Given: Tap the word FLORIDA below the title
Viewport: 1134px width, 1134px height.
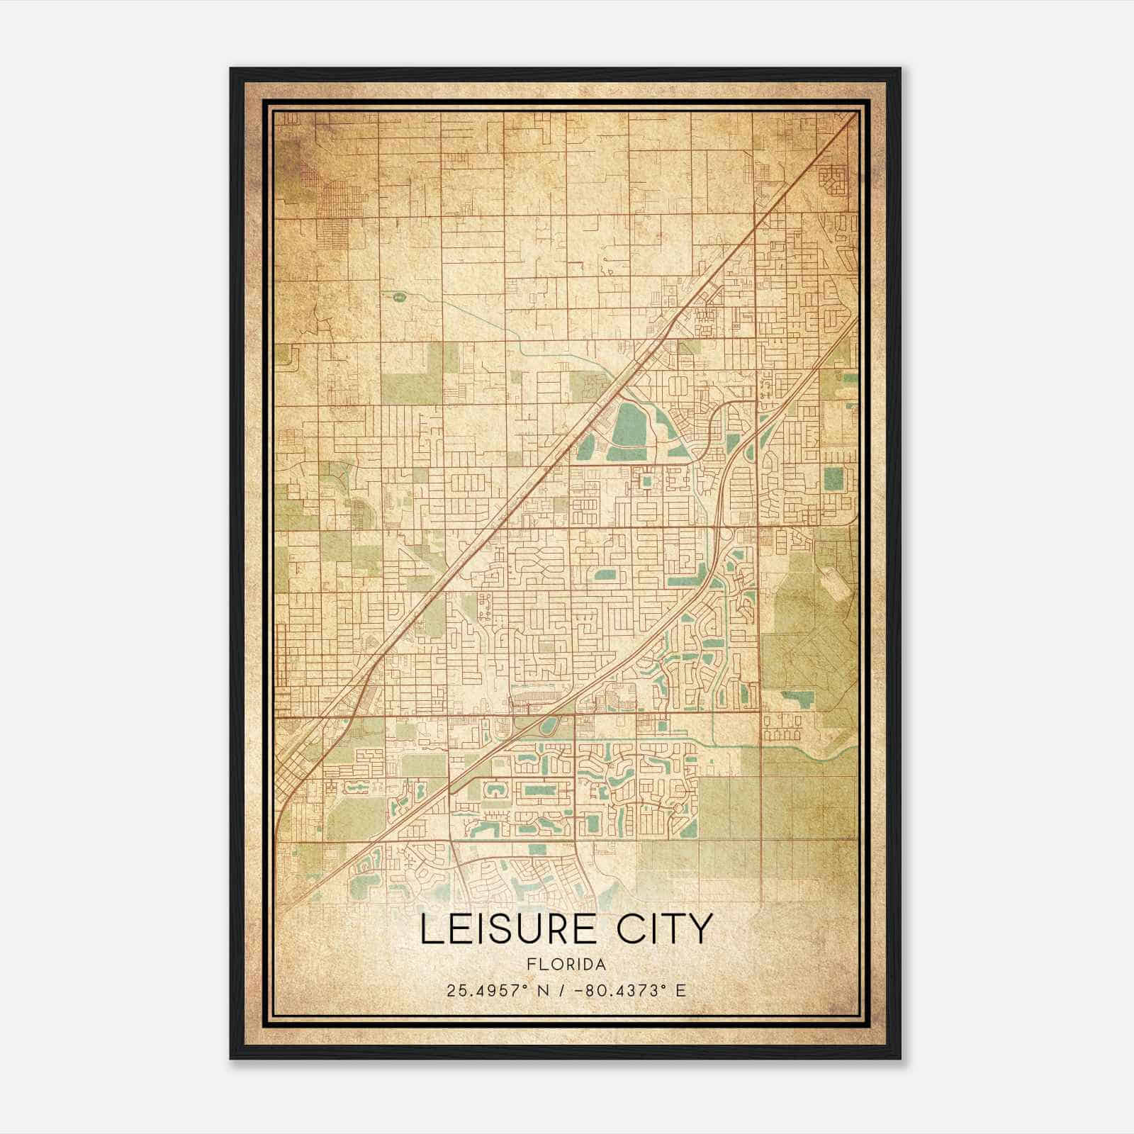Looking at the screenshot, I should coord(566,965).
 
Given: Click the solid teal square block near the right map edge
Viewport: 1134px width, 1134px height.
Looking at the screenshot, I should coord(834,478).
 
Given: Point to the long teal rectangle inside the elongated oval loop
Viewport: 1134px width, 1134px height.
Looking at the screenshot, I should coord(540,790).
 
